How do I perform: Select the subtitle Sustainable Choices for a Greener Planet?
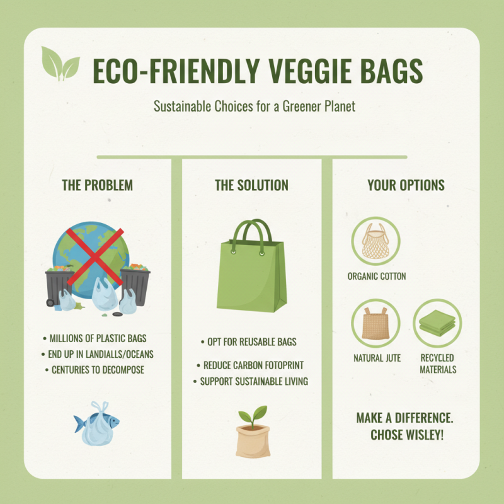(255, 106)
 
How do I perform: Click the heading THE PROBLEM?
(97, 185)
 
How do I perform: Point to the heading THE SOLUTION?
(251, 185)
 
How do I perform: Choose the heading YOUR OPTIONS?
(406, 185)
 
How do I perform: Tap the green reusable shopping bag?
(252, 277)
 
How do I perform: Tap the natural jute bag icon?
(376, 324)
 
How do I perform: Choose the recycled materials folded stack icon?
(437, 324)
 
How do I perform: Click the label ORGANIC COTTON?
(377, 276)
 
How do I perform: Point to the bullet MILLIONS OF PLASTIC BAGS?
(100, 339)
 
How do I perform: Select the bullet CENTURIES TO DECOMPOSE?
(97, 369)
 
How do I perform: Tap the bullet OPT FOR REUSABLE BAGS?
(252, 342)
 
